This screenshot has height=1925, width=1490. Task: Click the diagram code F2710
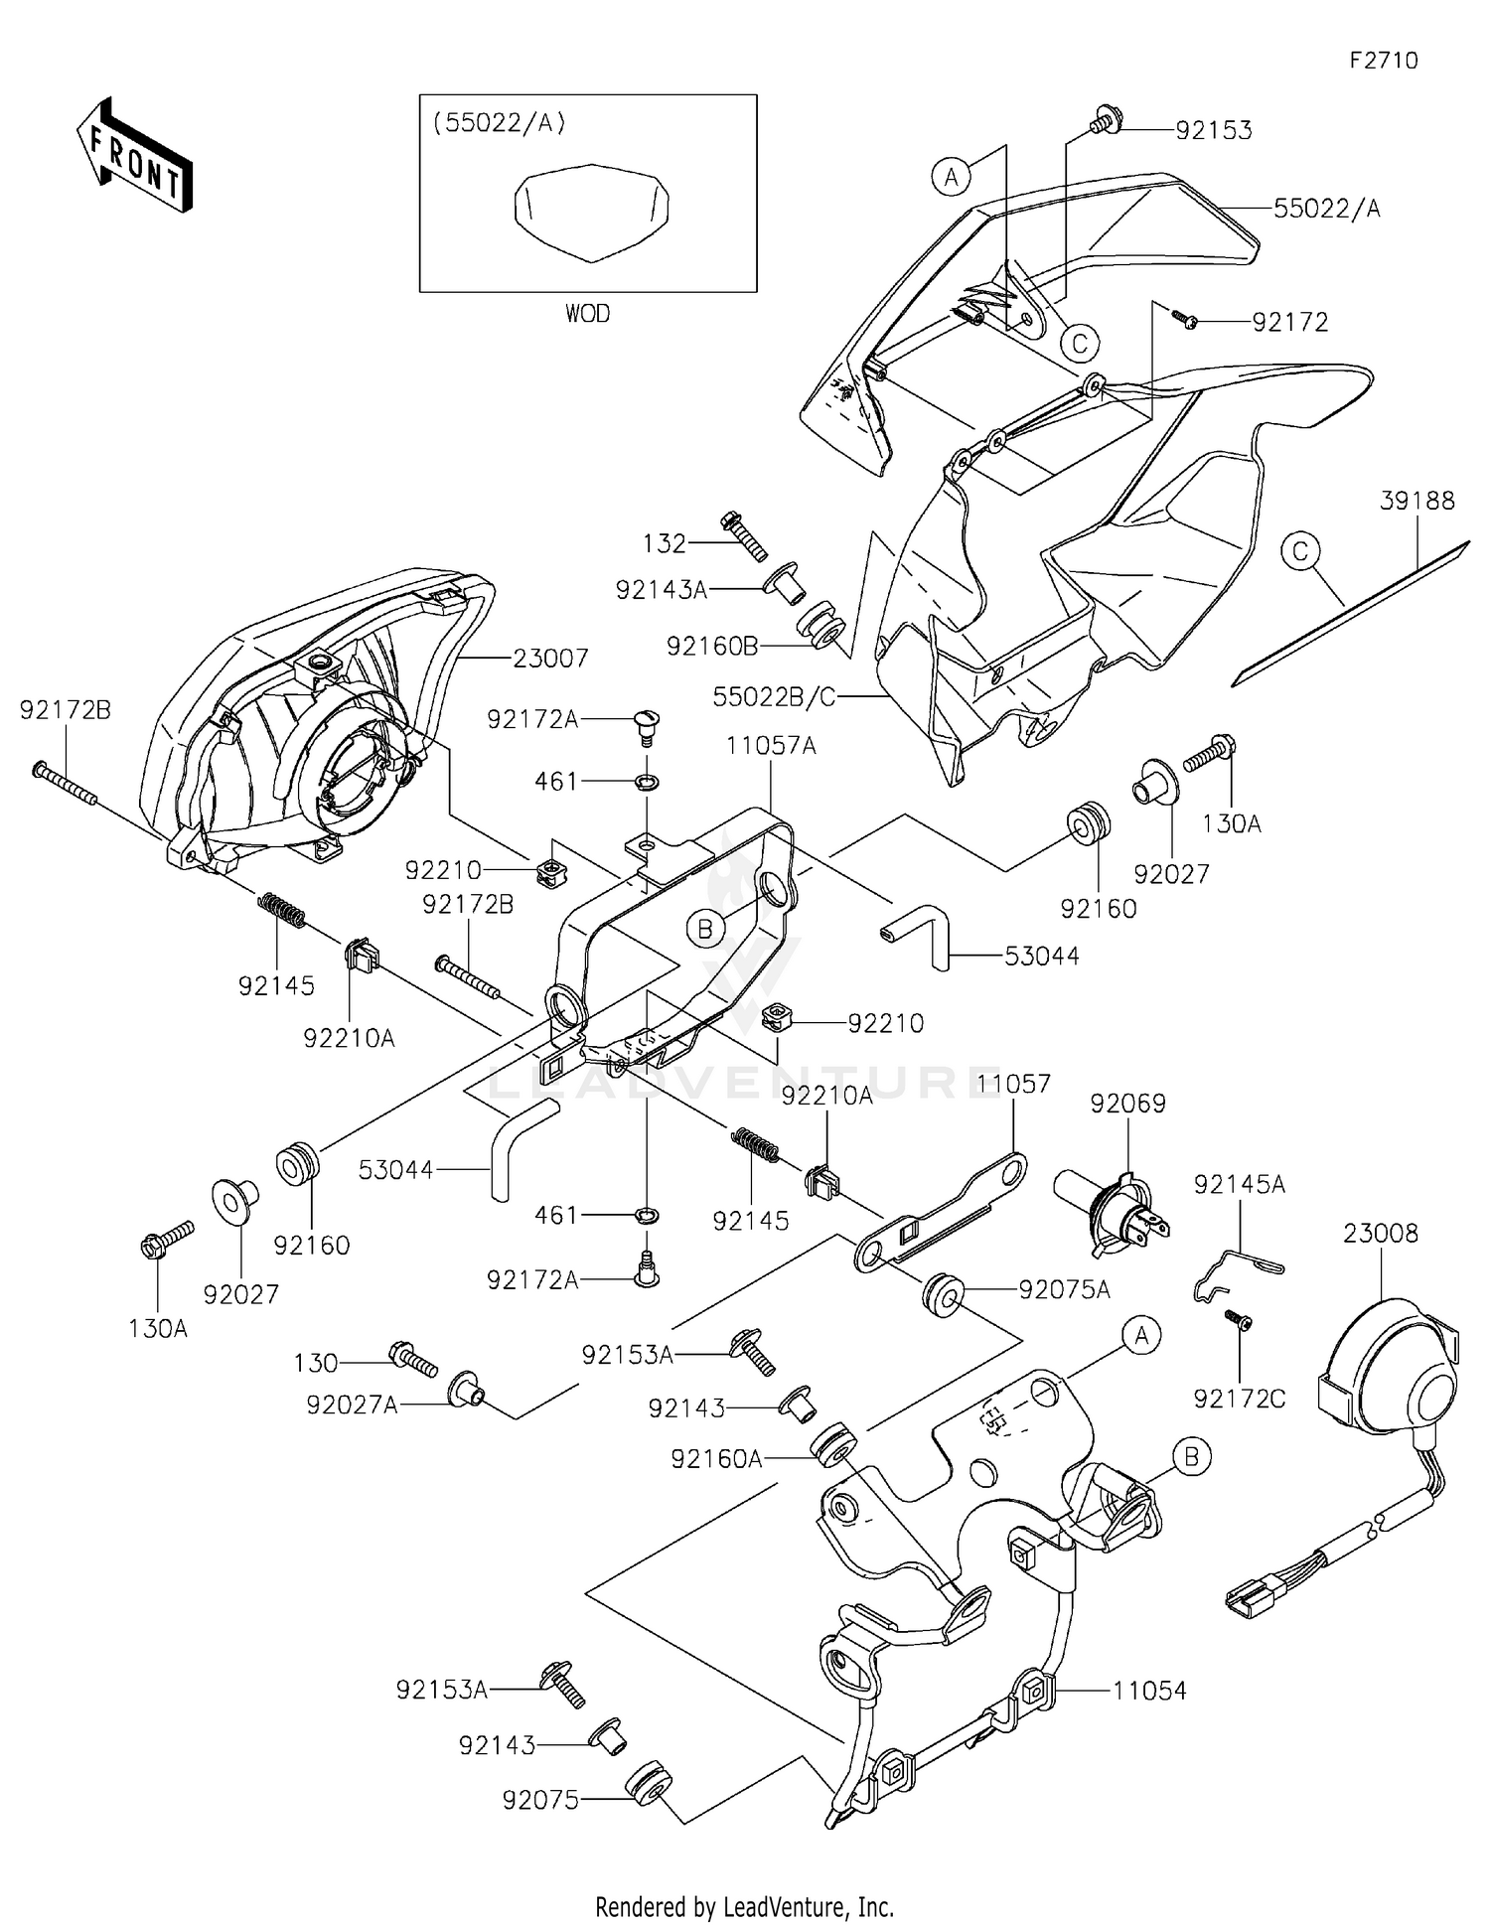click(x=1383, y=61)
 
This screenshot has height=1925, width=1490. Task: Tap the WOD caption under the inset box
click(x=587, y=314)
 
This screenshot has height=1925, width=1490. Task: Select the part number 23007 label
click(x=551, y=658)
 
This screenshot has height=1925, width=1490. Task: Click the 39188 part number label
click(x=1416, y=501)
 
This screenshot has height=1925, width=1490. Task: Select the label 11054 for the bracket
click(x=1149, y=1691)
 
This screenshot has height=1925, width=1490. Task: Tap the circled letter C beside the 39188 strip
click(x=1300, y=550)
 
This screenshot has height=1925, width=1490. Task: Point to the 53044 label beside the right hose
click(x=1041, y=957)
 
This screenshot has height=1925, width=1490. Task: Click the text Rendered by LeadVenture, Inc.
click(x=744, y=1906)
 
